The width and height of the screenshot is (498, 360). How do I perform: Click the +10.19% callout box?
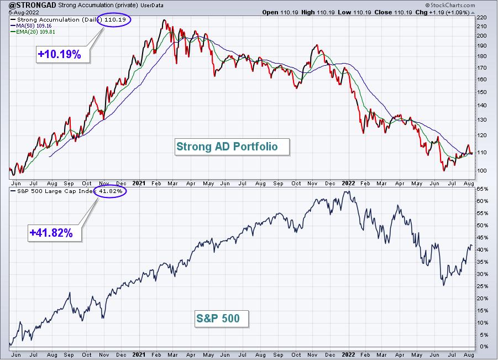click(63, 54)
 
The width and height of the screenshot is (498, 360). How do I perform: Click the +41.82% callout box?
click(55, 233)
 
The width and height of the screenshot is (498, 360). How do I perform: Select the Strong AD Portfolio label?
click(232, 147)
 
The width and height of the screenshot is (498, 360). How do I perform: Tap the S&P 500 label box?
click(222, 319)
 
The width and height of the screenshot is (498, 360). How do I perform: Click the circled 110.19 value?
click(114, 20)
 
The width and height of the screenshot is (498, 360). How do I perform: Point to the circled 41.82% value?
click(110, 191)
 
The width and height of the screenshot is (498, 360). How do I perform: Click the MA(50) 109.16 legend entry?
click(31, 26)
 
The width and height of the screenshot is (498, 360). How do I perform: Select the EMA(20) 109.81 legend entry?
click(33, 32)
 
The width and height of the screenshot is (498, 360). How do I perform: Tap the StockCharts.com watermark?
click(450, 5)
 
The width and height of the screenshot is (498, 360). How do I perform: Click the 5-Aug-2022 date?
click(24, 12)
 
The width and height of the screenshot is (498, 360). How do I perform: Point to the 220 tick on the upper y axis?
click(481, 18)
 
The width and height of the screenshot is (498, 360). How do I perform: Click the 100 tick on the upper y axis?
click(481, 171)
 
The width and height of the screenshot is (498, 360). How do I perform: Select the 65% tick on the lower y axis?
click(482, 189)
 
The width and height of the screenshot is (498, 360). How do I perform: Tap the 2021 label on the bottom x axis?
click(139, 354)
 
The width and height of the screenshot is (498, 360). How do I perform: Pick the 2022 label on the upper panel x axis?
click(348, 184)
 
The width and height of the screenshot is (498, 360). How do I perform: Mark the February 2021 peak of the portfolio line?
click(164, 20)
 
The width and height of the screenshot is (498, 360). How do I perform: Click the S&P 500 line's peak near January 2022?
click(348, 191)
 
